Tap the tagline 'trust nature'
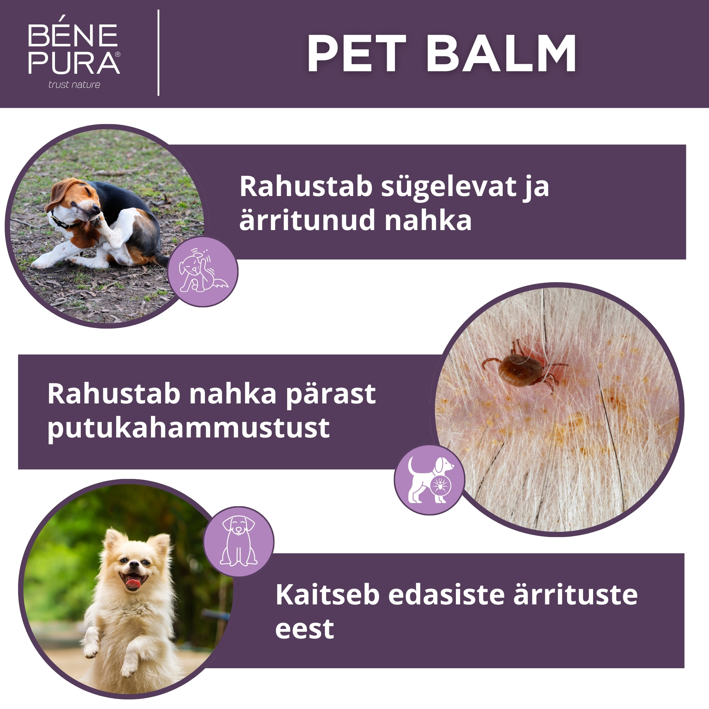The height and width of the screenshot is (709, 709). [74, 85]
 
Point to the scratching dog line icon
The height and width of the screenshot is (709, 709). [203, 272]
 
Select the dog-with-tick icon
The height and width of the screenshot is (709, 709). [429, 480]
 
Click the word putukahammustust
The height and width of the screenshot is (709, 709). [188, 428]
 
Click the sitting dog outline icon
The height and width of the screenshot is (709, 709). [239, 541]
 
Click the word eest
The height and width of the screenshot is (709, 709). [305, 629]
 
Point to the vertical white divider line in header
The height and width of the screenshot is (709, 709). [158, 53]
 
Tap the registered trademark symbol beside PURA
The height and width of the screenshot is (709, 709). [117, 54]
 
